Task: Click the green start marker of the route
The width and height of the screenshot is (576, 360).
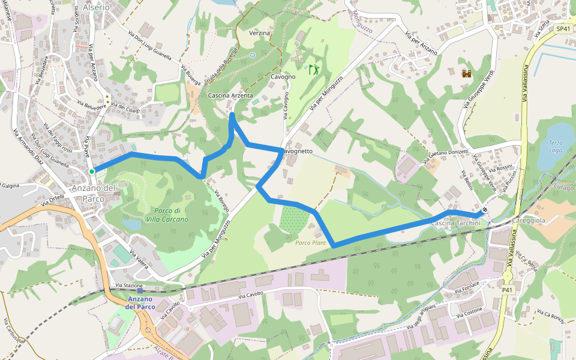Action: (92, 172)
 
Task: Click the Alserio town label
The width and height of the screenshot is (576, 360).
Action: (97, 7)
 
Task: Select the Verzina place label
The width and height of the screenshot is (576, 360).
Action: (259, 33)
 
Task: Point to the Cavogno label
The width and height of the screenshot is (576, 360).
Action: (283, 77)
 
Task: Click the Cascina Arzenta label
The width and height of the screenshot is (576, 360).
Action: (230, 95)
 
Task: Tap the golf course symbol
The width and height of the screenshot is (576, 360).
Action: (313, 70)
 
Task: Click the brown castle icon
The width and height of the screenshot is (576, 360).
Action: (466, 74)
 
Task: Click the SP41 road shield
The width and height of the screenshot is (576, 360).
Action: (563, 29)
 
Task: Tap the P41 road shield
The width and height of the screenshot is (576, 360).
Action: (508, 290)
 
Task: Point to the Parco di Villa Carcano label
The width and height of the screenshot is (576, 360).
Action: (167, 215)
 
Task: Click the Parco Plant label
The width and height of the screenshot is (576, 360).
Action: (310, 242)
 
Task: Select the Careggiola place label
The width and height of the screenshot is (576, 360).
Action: (528, 220)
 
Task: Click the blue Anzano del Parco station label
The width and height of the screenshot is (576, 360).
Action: (140, 303)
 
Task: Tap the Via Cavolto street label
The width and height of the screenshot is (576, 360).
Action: (251, 295)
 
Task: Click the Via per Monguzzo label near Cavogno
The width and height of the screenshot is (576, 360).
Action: (326, 94)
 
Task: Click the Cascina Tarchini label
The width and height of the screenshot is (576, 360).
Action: (456, 223)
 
